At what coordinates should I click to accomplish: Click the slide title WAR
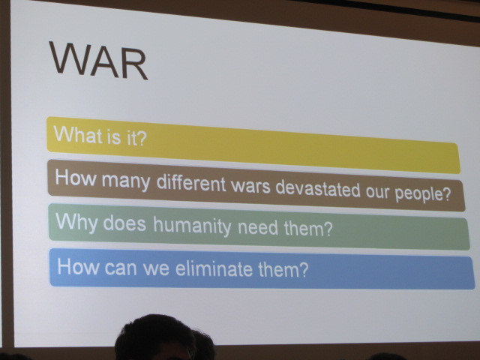(98, 61)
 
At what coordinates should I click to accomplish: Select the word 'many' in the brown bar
(126, 180)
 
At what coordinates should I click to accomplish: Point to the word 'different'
(191, 182)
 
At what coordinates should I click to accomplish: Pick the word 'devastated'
(318, 188)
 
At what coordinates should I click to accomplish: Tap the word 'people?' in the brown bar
(423, 193)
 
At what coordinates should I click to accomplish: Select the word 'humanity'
(192, 226)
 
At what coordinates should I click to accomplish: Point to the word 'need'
(258, 227)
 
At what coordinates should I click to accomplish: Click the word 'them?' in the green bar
(308, 228)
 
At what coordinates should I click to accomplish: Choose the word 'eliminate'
(214, 268)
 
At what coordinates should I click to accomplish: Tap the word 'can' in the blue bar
(120, 267)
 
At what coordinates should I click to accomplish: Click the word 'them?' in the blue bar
(283, 269)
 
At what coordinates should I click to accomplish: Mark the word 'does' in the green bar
(124, 223)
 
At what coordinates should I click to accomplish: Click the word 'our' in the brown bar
(377, 192)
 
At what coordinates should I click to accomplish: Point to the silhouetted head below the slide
(155, 337)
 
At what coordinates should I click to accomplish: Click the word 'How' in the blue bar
(78, 266)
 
